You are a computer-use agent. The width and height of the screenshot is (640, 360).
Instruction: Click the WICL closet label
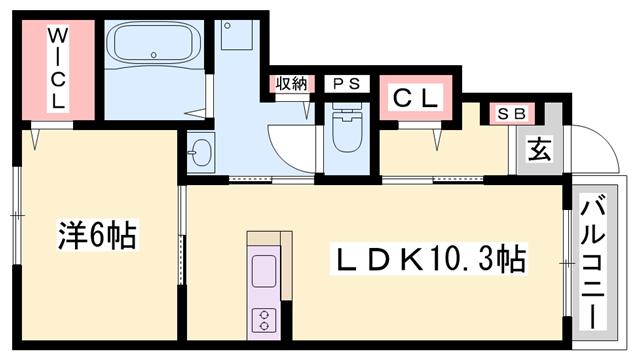pos(58,68)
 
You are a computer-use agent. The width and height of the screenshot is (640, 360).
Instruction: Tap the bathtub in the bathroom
pos(153,43)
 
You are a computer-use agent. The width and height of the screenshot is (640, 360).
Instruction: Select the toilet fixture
pos(347,127)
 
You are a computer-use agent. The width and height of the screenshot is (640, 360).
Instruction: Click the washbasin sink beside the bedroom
pos(200,153)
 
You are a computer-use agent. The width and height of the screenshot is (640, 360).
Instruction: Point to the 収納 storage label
pos(291,84)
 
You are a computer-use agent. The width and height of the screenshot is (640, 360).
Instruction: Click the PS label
pos(347,84)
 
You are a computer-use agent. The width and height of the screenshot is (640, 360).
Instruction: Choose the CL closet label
pos(415,98)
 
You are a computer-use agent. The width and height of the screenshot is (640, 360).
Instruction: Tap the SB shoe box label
pos(512,114)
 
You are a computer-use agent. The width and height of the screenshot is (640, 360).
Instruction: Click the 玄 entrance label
pos(539,149)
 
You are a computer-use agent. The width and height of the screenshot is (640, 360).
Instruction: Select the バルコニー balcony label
pos(593,262)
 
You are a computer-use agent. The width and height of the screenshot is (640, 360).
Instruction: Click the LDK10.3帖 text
pos(429,259)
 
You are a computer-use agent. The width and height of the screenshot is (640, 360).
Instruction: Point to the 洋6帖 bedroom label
pos(97,235)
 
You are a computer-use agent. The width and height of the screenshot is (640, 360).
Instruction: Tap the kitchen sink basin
pos(264,271)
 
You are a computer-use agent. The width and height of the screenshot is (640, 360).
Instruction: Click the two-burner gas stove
pos(264,320)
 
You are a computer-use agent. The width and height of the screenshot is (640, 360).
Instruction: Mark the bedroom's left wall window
pos(16,215)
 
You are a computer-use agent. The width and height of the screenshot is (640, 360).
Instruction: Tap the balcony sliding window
pos(567,263)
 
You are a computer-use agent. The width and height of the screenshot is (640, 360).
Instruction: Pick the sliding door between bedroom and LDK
pos(182,236)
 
